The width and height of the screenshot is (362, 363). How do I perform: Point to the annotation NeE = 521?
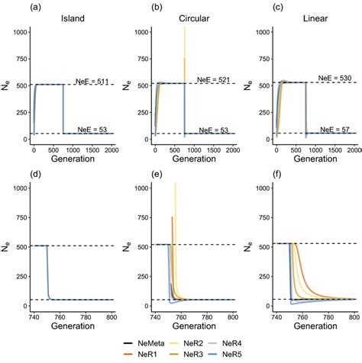coord(215,79)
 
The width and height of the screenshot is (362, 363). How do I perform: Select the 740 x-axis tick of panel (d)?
coord(31,315)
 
